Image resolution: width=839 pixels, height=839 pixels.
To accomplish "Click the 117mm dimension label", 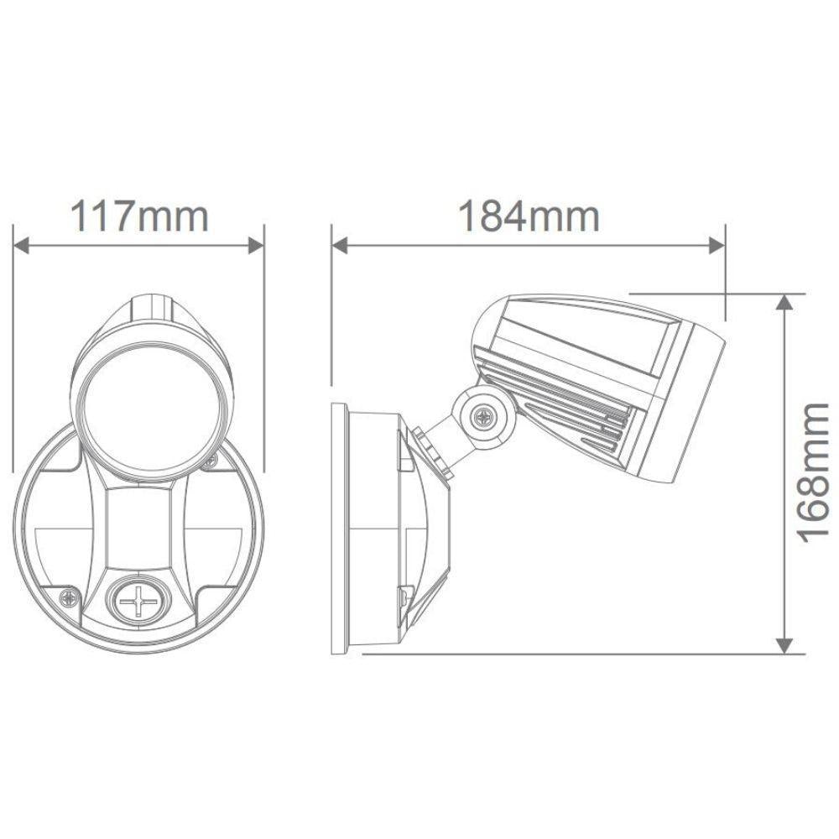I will tap(138, 216).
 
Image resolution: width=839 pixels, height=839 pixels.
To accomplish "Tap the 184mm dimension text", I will tap(529, 216).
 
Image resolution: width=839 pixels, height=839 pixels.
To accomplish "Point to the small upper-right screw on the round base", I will tap(211, 459).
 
